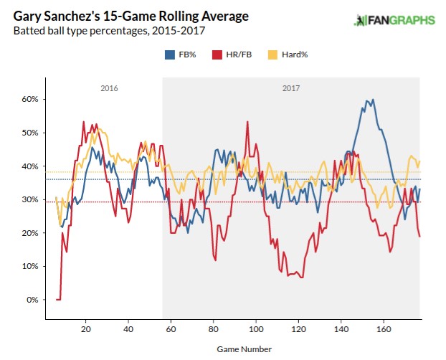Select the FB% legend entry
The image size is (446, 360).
tap(181, 55)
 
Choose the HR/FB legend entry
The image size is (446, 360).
tap(230, 55)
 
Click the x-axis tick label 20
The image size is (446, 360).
tap(85, 330)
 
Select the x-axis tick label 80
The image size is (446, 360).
tap(213, 330)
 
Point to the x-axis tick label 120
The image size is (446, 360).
tap(298, 330)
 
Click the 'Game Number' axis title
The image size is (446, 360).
tap(244, 349)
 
